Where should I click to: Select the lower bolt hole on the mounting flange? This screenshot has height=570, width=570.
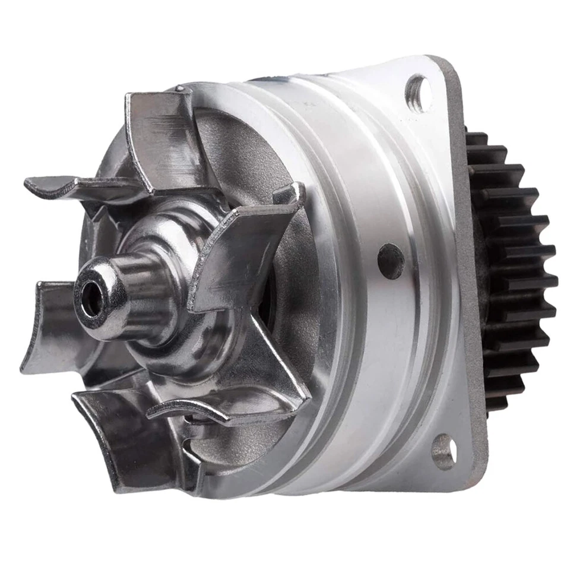click(444, 451)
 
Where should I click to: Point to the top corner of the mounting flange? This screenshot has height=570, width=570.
click(436, 59)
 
